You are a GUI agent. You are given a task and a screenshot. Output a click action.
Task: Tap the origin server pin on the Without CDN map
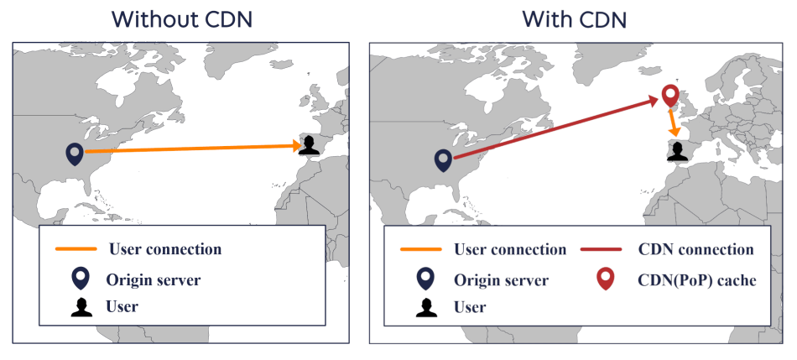click(76, 153)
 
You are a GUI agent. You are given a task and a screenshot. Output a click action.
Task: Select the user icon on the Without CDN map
click(309, 145)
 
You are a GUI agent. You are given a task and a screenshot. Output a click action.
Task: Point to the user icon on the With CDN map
click(678, 151)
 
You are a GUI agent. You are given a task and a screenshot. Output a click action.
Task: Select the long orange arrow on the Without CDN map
click(193, 149)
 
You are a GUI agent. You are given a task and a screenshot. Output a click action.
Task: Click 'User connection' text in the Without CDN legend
click(164, 249)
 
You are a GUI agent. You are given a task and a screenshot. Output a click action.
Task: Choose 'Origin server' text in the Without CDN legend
click(154, 279)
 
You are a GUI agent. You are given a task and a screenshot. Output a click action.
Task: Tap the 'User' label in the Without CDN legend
click(122, 307)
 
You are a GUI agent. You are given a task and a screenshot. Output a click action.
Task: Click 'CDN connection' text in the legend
click(695, 249)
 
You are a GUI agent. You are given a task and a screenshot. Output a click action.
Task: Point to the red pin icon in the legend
click(603, 279)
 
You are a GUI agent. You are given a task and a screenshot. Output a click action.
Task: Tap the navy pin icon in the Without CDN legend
click(81, 279)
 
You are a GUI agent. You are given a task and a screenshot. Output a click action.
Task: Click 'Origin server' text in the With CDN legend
click(501, 280)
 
